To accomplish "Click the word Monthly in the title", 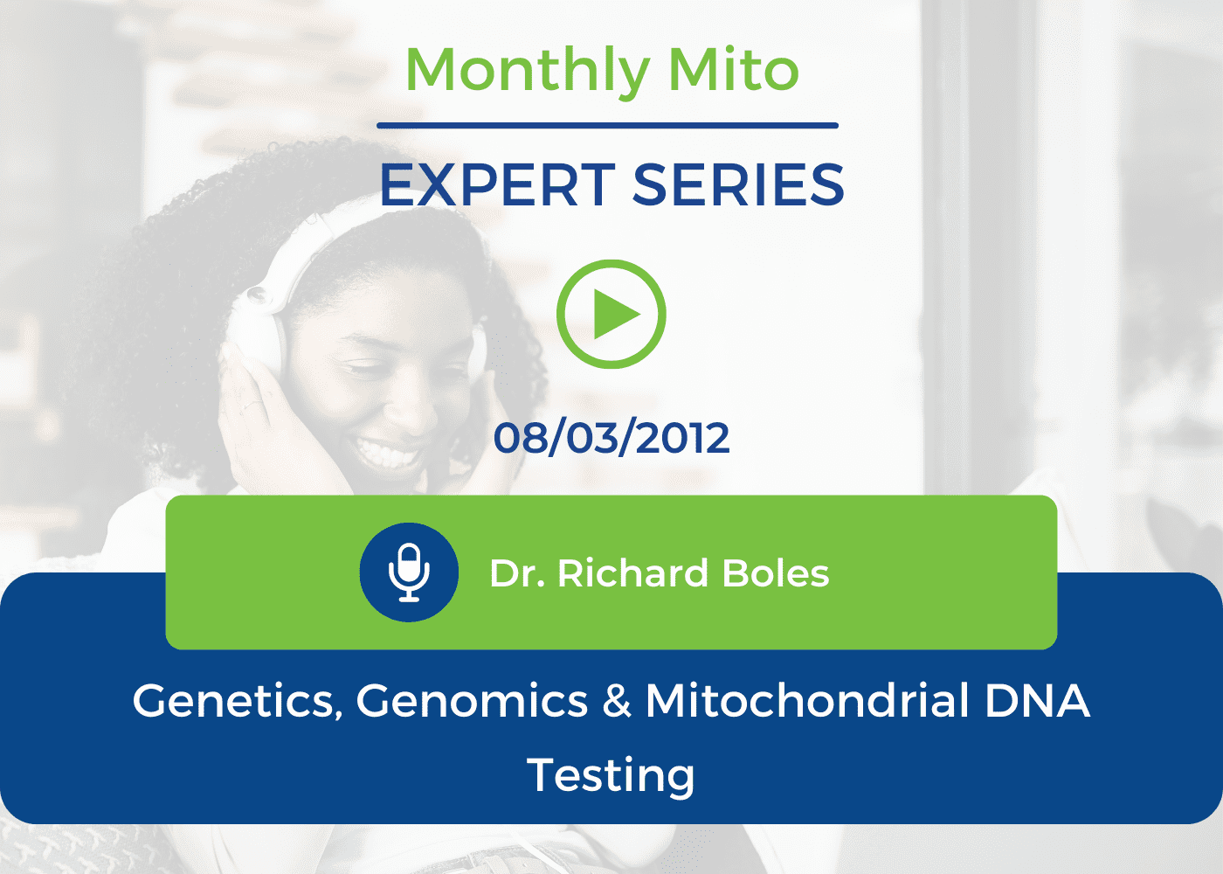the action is (x=528, y=71).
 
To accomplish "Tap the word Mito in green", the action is (x=733, y=69).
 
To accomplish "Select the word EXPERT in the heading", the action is (x=497, y=185).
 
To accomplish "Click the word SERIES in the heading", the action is (x=738, y=185).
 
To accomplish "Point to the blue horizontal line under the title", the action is (x=607, y=126).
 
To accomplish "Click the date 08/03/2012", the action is (x=611, y=438).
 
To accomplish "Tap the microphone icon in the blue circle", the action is (x=409, y=572).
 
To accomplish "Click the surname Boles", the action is (x=776, y=573).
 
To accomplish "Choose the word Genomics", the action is (x=473, y=701).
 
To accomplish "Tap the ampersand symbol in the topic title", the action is (x=617, y=701).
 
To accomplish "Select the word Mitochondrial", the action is (x=808, y=700).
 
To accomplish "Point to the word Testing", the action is (x=611, y=776).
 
